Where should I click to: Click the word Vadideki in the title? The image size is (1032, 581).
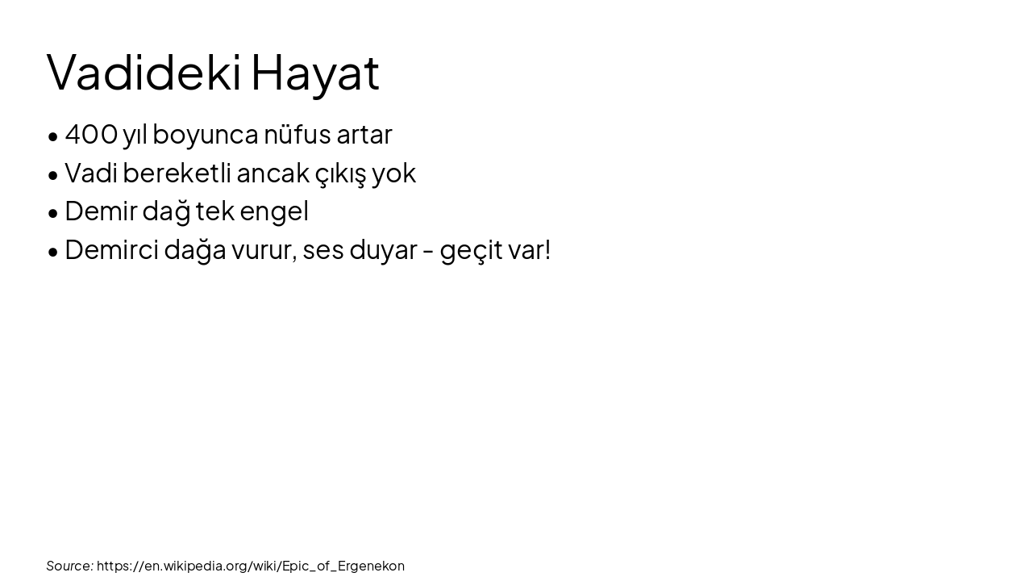tap(144, 72)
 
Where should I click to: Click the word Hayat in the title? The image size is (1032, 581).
tap(314, 72)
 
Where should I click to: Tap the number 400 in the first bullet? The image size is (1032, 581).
tap(91, 134)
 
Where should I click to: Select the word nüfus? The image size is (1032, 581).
tap(297, 134)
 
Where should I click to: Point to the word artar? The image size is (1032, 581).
tap(364, 134)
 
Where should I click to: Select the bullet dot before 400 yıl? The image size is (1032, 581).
tap(53, 136)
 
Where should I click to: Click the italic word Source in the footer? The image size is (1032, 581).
tap(69, 566)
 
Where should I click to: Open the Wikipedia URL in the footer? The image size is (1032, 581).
tap(250, 566)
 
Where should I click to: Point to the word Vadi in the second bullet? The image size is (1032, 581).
tap(90, 173)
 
